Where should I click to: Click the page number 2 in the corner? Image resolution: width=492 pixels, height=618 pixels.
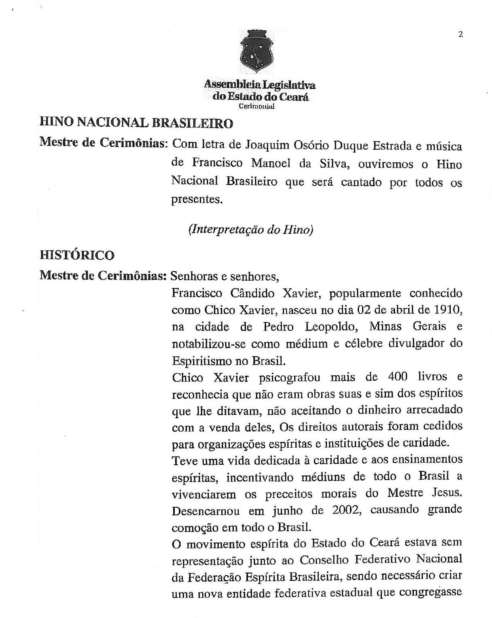(x=460, y=34)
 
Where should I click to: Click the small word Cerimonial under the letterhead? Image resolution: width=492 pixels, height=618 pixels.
(x=257, y=106)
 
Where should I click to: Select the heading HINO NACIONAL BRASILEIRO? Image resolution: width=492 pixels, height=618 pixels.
(x=136, y=123)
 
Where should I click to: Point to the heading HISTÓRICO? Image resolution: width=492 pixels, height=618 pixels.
(x=77, y=255)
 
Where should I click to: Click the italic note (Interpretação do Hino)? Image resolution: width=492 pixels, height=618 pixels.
(x=251, y=229)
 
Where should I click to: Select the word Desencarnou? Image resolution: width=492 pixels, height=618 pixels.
(x=206, y=511)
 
